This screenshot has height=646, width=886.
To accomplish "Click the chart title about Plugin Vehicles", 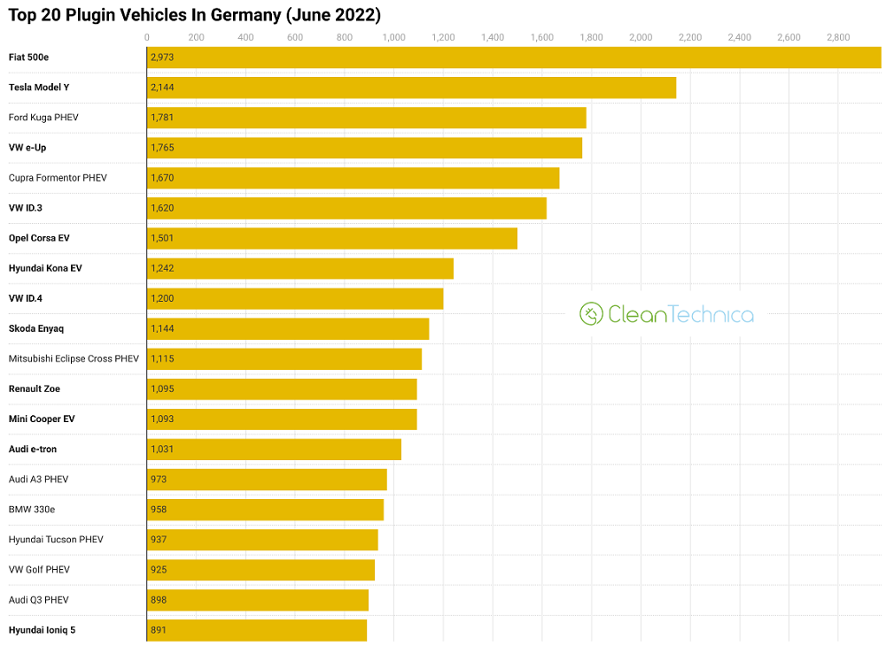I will (x=194, y=15).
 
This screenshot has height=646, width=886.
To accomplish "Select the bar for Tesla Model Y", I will (x=411, y=88).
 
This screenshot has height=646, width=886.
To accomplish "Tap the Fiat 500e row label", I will (x=28, y=58).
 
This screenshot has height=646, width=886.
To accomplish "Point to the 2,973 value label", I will (x=162, y=58).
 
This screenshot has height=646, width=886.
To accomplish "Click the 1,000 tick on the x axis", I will (x=393, y=37).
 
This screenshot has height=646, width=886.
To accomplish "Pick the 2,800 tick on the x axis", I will (x=837, y=37).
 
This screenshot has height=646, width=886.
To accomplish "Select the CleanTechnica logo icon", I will (x=591, y=313).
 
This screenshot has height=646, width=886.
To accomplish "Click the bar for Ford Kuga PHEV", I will (x=366, y=118).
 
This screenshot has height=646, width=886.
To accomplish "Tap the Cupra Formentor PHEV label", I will (x=58, y=178).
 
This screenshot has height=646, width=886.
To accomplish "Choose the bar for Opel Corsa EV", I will (x=331, y=238).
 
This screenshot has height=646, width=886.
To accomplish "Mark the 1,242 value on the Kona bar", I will (x=162, y=268).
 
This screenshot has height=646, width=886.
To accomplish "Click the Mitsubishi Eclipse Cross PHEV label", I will (x=74, y=358).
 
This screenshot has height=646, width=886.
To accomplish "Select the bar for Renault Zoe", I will (x=282, y=388).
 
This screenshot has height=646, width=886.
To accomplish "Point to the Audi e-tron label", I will (x=33, y=450).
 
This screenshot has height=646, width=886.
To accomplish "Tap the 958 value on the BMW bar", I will (x=159, y=510).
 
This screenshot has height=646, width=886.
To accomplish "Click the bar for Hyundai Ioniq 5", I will (x=257, y=630).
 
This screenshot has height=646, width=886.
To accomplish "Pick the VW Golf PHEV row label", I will (x=39, y=570).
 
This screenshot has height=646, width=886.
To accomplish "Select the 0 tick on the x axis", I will (x=147, y=37).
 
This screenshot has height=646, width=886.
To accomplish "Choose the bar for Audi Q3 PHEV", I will (x=258, y=600).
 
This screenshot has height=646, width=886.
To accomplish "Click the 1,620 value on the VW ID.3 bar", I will (x=162, y=208).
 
